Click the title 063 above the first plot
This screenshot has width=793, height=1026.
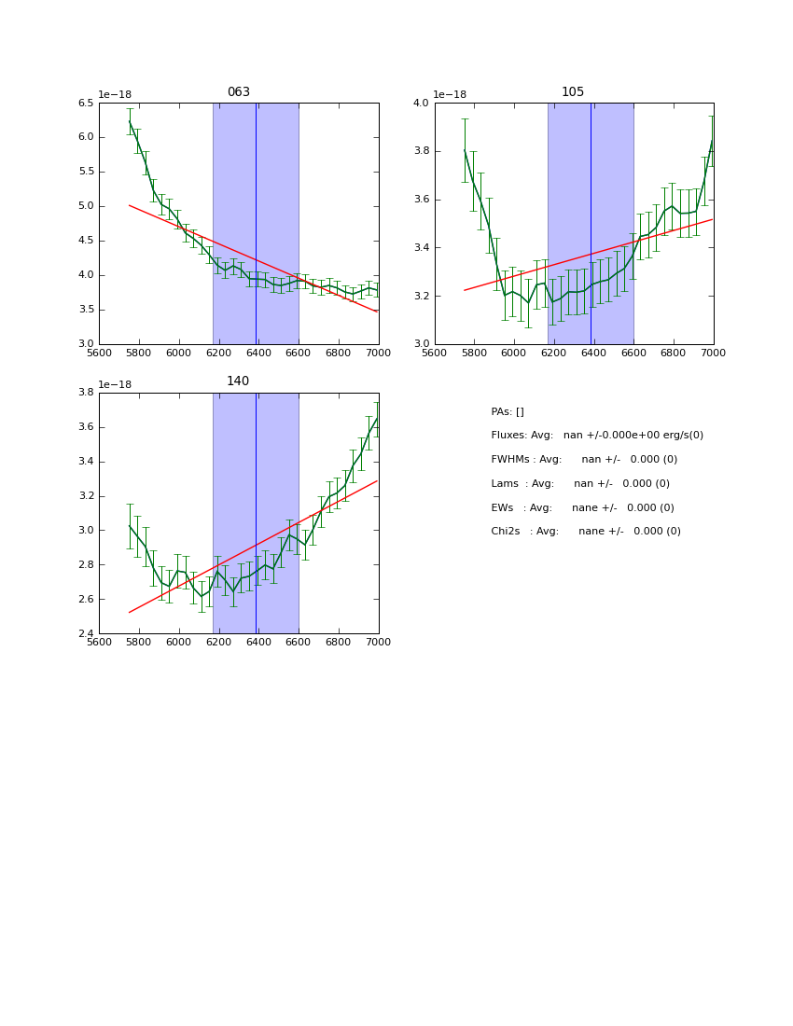point(239,92)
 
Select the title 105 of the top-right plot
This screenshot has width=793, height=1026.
point(573,92)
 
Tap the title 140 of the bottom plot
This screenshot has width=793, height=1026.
point(239,381)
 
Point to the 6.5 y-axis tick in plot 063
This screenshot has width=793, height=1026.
point(86,103)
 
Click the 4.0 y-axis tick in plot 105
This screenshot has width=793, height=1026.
point(421,103)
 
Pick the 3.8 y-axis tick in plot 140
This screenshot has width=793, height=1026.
point(86,393)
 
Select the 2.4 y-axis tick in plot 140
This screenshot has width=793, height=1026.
point(86,634)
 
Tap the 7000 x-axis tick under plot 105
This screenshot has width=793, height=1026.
point(713,353)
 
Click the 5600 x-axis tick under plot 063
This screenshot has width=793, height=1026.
point(99,353)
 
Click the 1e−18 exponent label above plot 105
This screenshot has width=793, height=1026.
point(450,94)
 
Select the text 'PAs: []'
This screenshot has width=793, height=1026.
point(508,411)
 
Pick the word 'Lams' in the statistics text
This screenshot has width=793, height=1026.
point(505,484)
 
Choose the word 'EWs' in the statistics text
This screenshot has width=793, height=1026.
point(502,508)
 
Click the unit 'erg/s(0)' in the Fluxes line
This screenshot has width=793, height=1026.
point(681,436)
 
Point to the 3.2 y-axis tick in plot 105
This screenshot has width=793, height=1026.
point(421,296)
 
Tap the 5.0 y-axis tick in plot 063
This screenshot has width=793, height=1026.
point(86,206)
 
